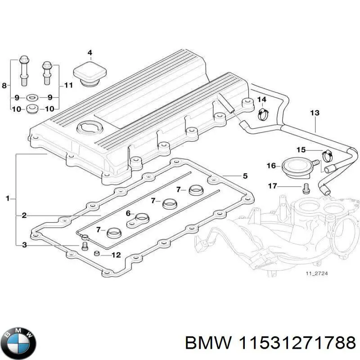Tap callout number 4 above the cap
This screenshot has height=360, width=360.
click(90, 53)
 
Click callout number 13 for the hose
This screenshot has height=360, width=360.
click(315, 112)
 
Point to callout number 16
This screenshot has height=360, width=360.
click(271, 166)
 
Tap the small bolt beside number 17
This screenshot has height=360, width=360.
click(306, 189)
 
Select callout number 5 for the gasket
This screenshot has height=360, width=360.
click(245, 176)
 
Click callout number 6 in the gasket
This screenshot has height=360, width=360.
click(128, 213)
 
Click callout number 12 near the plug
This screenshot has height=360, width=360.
click(116, 255)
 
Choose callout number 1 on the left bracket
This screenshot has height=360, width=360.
click(8, 198)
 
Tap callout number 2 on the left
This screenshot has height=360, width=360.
click(24, 216)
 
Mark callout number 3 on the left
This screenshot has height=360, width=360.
click(24, 245)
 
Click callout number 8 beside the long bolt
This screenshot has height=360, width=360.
click(4, 85)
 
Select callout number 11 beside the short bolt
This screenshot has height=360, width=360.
click(68, 85)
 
